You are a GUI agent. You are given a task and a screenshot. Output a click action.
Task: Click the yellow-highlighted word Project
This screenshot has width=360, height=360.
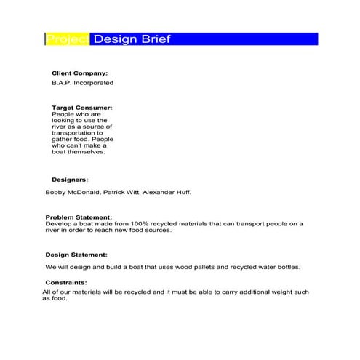click(x=67, y=39)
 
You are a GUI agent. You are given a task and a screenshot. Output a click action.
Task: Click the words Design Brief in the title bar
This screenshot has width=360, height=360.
click(x=132, y=39)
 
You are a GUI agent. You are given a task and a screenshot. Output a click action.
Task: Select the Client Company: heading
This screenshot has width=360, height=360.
click(x=79, y=73)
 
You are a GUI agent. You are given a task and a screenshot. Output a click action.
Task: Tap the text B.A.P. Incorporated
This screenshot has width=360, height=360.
click(x=82, y=83)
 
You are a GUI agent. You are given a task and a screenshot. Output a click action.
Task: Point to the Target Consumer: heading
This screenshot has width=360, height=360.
click(x=82, y=108)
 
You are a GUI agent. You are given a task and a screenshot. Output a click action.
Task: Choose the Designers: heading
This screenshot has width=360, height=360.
click(x=70, y=179)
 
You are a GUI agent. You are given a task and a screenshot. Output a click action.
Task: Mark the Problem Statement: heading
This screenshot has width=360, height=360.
click(x=79, y=217)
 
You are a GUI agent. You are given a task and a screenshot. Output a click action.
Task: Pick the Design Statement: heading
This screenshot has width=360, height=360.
click(x=76, y=255)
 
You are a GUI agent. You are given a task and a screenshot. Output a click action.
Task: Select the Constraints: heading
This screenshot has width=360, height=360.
click(x=66, y=283)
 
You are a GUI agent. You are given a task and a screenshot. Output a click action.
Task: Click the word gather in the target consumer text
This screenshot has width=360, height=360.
click(x=63, y=140)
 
